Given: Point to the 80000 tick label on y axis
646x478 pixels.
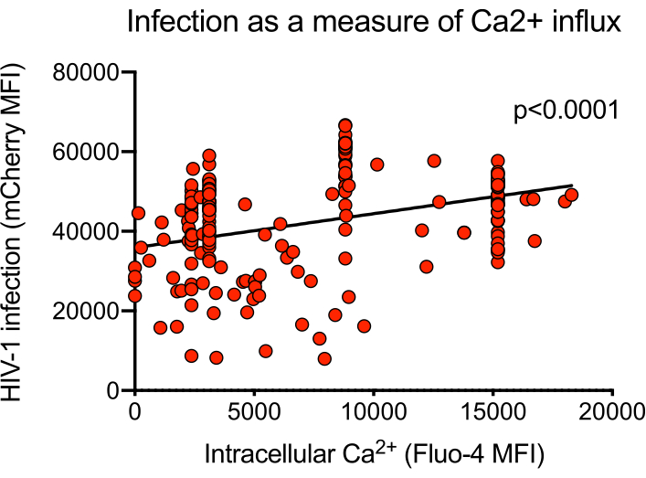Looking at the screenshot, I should coord(91,72).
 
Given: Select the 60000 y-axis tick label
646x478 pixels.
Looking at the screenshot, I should coord(91,152).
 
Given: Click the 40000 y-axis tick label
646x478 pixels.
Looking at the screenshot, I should coord(91,231).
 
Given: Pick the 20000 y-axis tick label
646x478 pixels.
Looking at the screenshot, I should coord(91,311).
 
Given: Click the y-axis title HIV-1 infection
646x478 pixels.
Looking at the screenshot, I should coord(25,230).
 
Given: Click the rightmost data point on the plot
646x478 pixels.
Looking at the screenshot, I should coord(572,195).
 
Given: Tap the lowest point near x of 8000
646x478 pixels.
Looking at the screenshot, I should coord(324,358).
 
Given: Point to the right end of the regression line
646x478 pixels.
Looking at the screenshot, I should coord(572,186).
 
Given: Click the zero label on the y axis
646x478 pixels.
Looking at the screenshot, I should coord(115,390).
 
